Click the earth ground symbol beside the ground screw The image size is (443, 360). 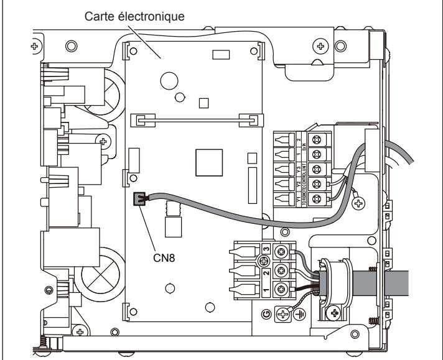pyautogui.click(x=302, y=314)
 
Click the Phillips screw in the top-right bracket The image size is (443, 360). pyautogui.click(x=321, y=45)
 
